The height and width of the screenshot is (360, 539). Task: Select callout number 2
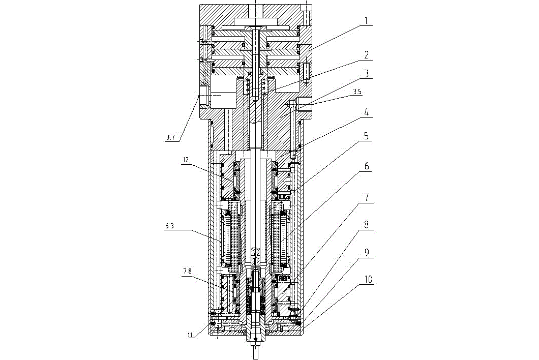(x=367, y=55)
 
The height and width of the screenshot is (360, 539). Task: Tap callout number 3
(x=367, y=73)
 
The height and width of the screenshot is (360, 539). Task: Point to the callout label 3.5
(x=357, y=92)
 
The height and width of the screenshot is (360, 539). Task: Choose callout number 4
(x=367, y=112)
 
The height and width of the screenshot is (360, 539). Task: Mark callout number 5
(x=367, y=136)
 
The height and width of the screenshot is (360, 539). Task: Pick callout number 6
(x=367, y=166)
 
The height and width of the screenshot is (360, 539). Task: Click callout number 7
(x=367, y=197)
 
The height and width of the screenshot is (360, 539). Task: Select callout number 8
(x=367, y=225)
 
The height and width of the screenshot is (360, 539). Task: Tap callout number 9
(x=367, y=253)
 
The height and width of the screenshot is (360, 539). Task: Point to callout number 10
(x=368, y=279)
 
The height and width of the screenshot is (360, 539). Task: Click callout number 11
(x=190, y=335)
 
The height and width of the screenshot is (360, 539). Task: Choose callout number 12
(x=186, y=160)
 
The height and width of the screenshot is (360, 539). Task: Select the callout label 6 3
(x=169, y=226)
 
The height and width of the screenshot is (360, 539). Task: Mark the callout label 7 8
(x=187, y=272)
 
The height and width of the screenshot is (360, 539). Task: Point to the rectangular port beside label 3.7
(x=204, y=95)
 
